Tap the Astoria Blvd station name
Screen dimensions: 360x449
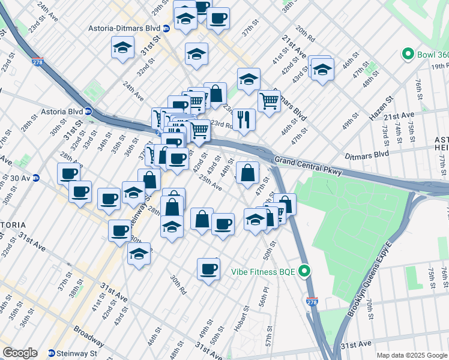pos(61,111)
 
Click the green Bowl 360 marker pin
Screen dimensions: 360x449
pos(409,54)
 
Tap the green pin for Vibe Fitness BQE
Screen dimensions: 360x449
pos(304,271)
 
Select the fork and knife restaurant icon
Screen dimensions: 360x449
pos(244,119)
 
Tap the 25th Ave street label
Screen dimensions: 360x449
pos(210,183)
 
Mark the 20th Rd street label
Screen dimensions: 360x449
pos(305,35)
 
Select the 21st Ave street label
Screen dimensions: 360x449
pos(399,115)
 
